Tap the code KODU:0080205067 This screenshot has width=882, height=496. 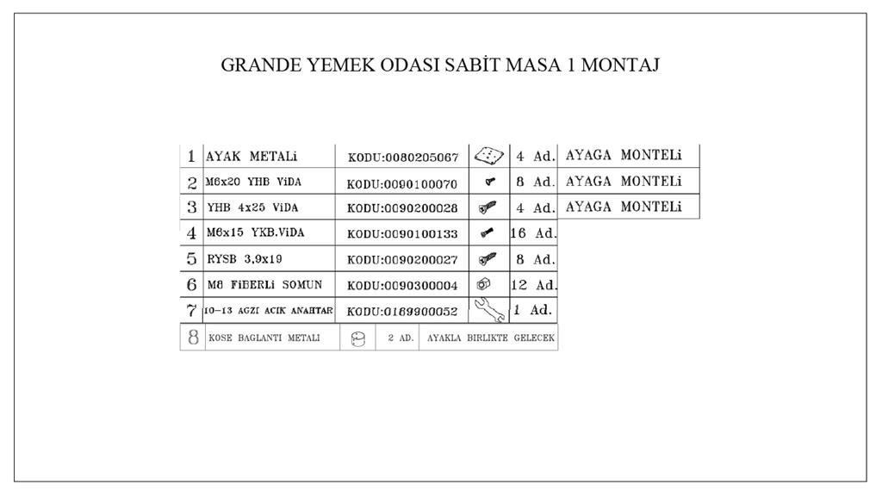(402, 158)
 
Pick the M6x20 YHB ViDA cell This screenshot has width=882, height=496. (254, 183)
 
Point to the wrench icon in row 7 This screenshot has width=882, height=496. (489, 309)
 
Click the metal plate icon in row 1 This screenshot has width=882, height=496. (488, 156)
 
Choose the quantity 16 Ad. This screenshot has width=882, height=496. (533, 233)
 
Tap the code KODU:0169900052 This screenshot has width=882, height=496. (402, 312)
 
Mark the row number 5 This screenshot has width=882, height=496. (192, 258)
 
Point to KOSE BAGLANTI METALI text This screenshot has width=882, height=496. (264, 338)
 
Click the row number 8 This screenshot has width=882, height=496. (193, 338)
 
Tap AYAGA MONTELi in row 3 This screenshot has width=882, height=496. (624, 208)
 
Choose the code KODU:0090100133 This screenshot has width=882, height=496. (402, 234)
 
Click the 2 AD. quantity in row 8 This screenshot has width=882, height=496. (401, 338)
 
